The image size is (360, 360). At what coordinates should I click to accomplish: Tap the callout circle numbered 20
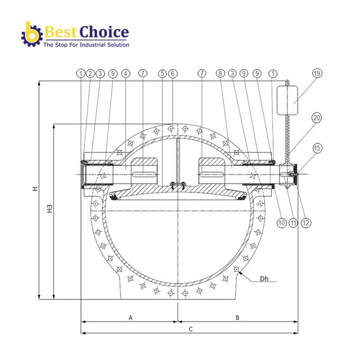(317, 118)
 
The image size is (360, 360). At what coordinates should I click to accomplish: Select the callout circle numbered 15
(317, 148)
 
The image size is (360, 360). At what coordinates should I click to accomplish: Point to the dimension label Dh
(263, 279)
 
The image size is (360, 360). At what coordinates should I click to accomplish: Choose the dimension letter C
(190, 329)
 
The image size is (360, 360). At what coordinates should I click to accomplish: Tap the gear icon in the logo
(31, 35)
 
